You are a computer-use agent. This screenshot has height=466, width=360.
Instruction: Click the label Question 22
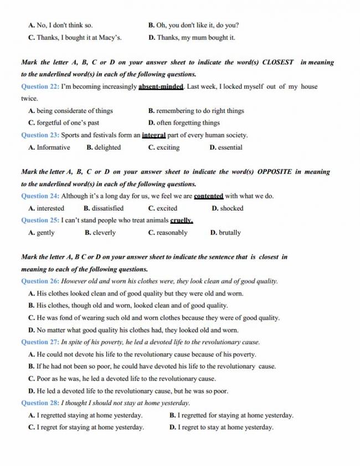point(40,86)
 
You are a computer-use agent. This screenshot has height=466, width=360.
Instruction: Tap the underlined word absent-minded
point(161,86)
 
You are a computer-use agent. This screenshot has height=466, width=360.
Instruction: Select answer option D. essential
point(226,147)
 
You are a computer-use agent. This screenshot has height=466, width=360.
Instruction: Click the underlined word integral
point(155,135)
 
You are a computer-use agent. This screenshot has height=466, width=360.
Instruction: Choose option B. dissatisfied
point(104,208)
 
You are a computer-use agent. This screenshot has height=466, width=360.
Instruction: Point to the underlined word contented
point(208,196)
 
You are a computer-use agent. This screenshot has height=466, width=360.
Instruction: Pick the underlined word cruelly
point(182,221)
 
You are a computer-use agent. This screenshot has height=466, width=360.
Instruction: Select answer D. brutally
point(225,233)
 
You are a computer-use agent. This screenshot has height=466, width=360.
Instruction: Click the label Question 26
point(40,281)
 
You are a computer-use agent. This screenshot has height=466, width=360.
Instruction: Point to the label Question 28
point(40,403)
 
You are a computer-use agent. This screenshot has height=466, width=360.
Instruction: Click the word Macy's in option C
point(110,38)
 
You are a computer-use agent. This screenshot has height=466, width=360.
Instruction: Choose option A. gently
point(42,233)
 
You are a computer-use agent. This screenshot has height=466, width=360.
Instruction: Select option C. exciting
point(164,147)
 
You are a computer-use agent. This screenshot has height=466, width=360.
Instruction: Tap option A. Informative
point(49,147)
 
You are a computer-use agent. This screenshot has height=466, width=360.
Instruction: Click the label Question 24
point(40,196)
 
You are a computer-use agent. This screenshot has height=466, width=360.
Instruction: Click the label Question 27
point(40,342)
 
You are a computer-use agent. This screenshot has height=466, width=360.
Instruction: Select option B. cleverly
point(100,233)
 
